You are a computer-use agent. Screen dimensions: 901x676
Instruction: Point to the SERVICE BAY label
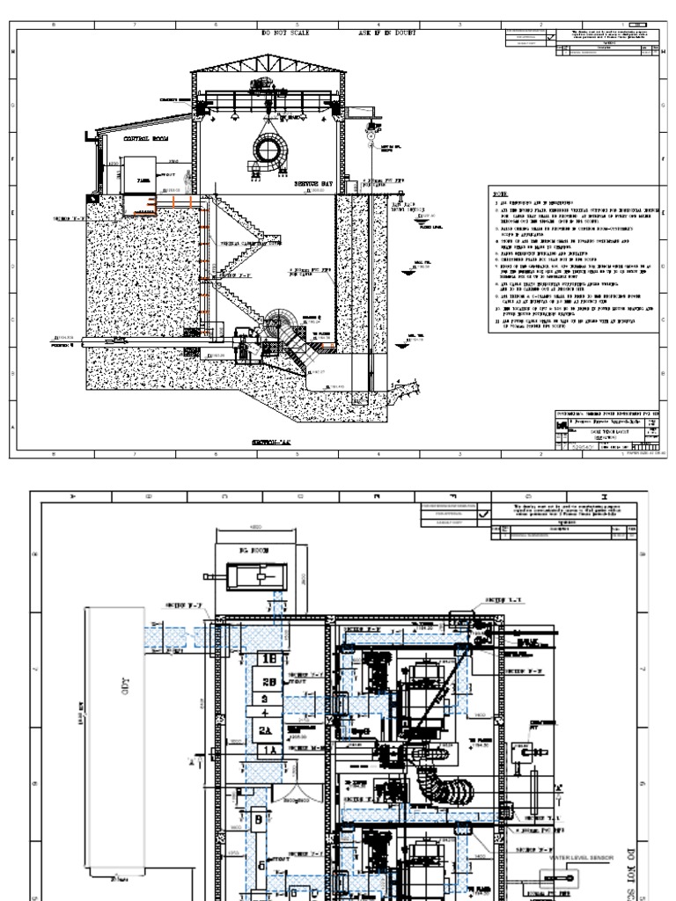tap(314, 186)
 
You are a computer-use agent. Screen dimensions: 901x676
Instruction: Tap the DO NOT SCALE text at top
tap(286, 33)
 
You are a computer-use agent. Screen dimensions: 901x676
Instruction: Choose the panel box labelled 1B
tap(267, 657)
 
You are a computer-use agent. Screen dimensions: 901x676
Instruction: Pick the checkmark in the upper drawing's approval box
tap(551, 39)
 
